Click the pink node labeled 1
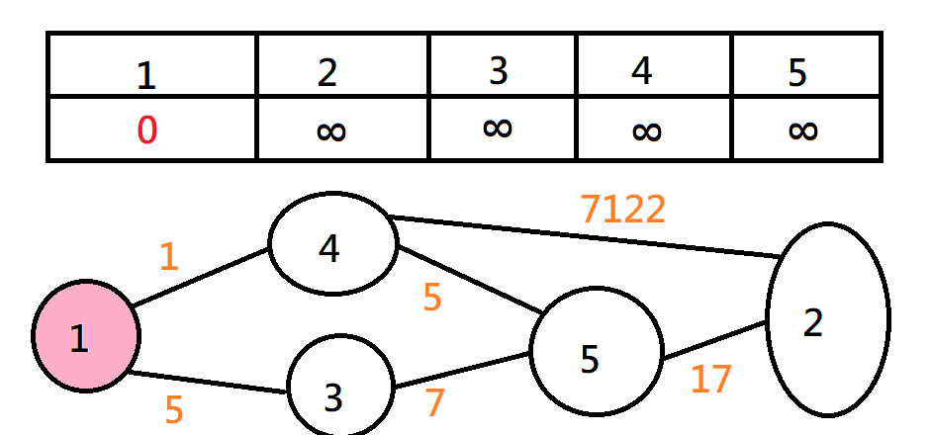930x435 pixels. tap(85, 336)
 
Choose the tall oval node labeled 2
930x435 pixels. tap(827, 317)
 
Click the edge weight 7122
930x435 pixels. tap(622, 210)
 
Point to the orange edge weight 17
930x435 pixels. tap(710, 379)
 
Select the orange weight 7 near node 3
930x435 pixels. tap(435, 402)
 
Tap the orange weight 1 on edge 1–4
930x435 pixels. tap(169, 257)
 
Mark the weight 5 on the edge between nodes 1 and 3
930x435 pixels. tap(174, 408)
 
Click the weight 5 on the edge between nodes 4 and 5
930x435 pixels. tap(432, 298)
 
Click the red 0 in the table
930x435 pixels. tap(146, 130)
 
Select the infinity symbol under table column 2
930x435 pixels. tap(331, 130)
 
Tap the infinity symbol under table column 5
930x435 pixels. tap(803, 130)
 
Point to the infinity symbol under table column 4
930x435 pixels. tap(645, 130)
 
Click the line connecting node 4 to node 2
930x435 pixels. tap(584, 236)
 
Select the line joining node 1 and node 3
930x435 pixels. tap(208, 383)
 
